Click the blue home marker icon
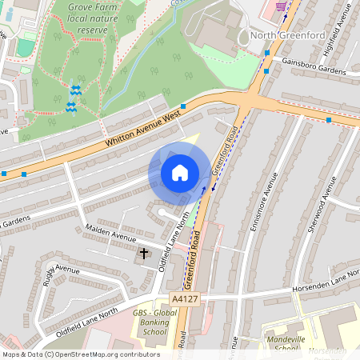click(x=179, y=173)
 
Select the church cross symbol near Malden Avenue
click(x=145, y=254)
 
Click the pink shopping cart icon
click(x=281, y=6)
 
